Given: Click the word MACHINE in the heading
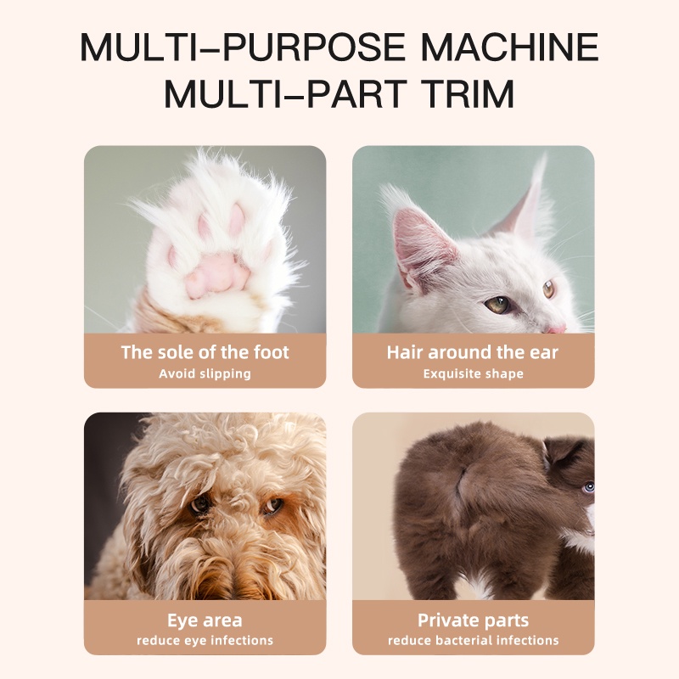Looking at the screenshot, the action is coord(510,47).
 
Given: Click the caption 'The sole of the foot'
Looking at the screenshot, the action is coord(205,352).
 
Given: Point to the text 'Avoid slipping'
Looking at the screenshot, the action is coord(205,373).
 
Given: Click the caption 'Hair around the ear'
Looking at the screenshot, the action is coord(473,352).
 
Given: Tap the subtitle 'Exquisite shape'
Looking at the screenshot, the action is coord(474,373).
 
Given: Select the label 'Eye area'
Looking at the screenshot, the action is coord(205,620).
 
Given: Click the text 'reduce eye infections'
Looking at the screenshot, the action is coord(205,641).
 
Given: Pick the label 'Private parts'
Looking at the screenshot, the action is coord(474,620).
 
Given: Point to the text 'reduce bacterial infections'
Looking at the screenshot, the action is coord(474,641).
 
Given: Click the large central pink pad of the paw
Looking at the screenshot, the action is coord(216,274).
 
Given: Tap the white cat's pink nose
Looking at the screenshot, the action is coord(556,328).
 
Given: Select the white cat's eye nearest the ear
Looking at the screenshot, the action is coord(499,304).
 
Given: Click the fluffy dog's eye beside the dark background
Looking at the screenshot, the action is coord(200,504).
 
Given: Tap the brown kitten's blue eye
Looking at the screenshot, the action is coord(588,487).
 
